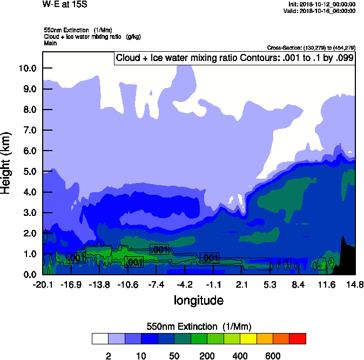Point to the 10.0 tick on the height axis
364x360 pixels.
coord(28,69)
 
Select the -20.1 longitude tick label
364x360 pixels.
coord(43,285)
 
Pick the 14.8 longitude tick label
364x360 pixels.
coord(354,285)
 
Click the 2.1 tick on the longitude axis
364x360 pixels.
coord(241,285)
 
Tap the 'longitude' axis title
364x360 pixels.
coord(199,300)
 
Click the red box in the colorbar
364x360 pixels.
coord(298,339)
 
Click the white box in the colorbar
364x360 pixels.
coord(100,339)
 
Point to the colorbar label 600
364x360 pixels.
coord(273,356)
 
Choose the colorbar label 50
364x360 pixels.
coord(174,356)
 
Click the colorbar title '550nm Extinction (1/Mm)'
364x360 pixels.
coord(199,327)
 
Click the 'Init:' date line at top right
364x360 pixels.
coord(322,4)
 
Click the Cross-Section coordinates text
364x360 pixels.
coord(311,47)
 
